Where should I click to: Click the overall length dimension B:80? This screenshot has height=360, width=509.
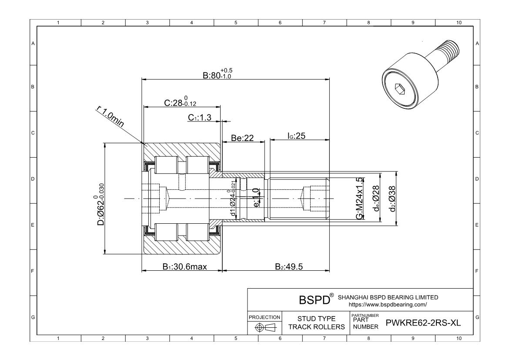[218, 74]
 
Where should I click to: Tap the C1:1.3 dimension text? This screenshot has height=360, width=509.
[200, 118]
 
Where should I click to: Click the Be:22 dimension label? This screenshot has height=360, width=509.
[242, 138]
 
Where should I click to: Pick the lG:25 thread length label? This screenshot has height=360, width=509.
[296, 136]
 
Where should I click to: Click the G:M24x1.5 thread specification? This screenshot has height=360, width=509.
[359, 199]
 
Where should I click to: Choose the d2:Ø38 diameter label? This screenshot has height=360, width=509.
[392, 198]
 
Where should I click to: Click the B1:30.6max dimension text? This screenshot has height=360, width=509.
[184, 267]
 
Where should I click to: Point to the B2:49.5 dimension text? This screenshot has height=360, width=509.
[289, 267]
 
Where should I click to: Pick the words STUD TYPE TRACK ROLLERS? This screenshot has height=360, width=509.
[316, 323]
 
